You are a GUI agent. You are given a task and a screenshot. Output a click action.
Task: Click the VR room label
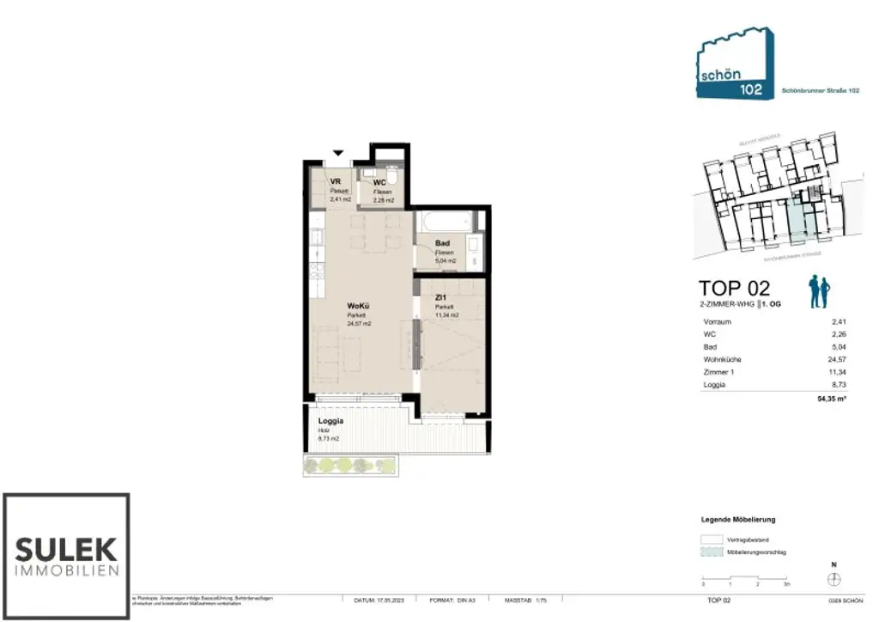tap(336, 182)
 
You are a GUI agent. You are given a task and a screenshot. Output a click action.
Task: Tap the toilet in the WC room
tap(391, 177)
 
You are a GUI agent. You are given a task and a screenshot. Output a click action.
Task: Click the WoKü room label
tap(358, 307)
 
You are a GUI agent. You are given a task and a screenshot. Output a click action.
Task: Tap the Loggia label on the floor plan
tap(330, 421)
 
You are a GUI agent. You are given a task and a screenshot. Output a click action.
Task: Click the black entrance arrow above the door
tap(339, 152)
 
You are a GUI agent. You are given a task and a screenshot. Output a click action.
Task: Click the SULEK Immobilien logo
tap(66, 556)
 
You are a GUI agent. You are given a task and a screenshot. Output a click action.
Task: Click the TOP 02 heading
tap(734, 288)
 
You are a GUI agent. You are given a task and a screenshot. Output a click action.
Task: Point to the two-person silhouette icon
tap(819, 292)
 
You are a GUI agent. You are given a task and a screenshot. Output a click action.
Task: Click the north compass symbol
tap(834, 580)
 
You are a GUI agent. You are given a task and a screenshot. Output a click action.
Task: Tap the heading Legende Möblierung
tap(738, 520)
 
